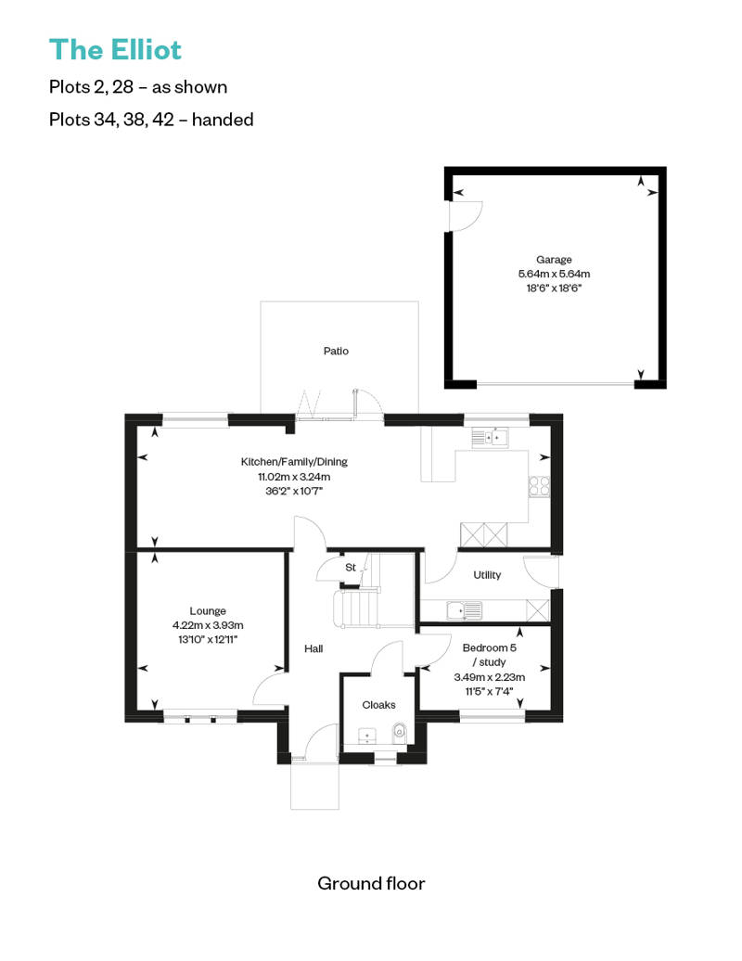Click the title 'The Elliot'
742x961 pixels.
(115, 50)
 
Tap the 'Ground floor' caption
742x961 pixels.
(371, 883)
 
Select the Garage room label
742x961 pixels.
(554, 259)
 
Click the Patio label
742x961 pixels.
(336, 351)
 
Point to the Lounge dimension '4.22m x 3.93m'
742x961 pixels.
(208, 625)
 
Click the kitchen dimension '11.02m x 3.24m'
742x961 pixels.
(294, 476)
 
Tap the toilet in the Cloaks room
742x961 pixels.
(400, 733)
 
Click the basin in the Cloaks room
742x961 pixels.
(367, 736)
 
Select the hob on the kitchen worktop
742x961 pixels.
(539, 486)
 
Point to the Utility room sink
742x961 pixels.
(464, 610)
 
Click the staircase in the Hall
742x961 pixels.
(356, 609)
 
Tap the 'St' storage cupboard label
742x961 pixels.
(351, 568)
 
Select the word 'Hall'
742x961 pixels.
(313, 648)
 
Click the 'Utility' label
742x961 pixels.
(487, 575)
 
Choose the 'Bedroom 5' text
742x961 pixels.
(490, 647)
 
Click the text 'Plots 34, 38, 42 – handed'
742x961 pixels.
(151, 119)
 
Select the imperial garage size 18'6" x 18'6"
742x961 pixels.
(554, 288)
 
